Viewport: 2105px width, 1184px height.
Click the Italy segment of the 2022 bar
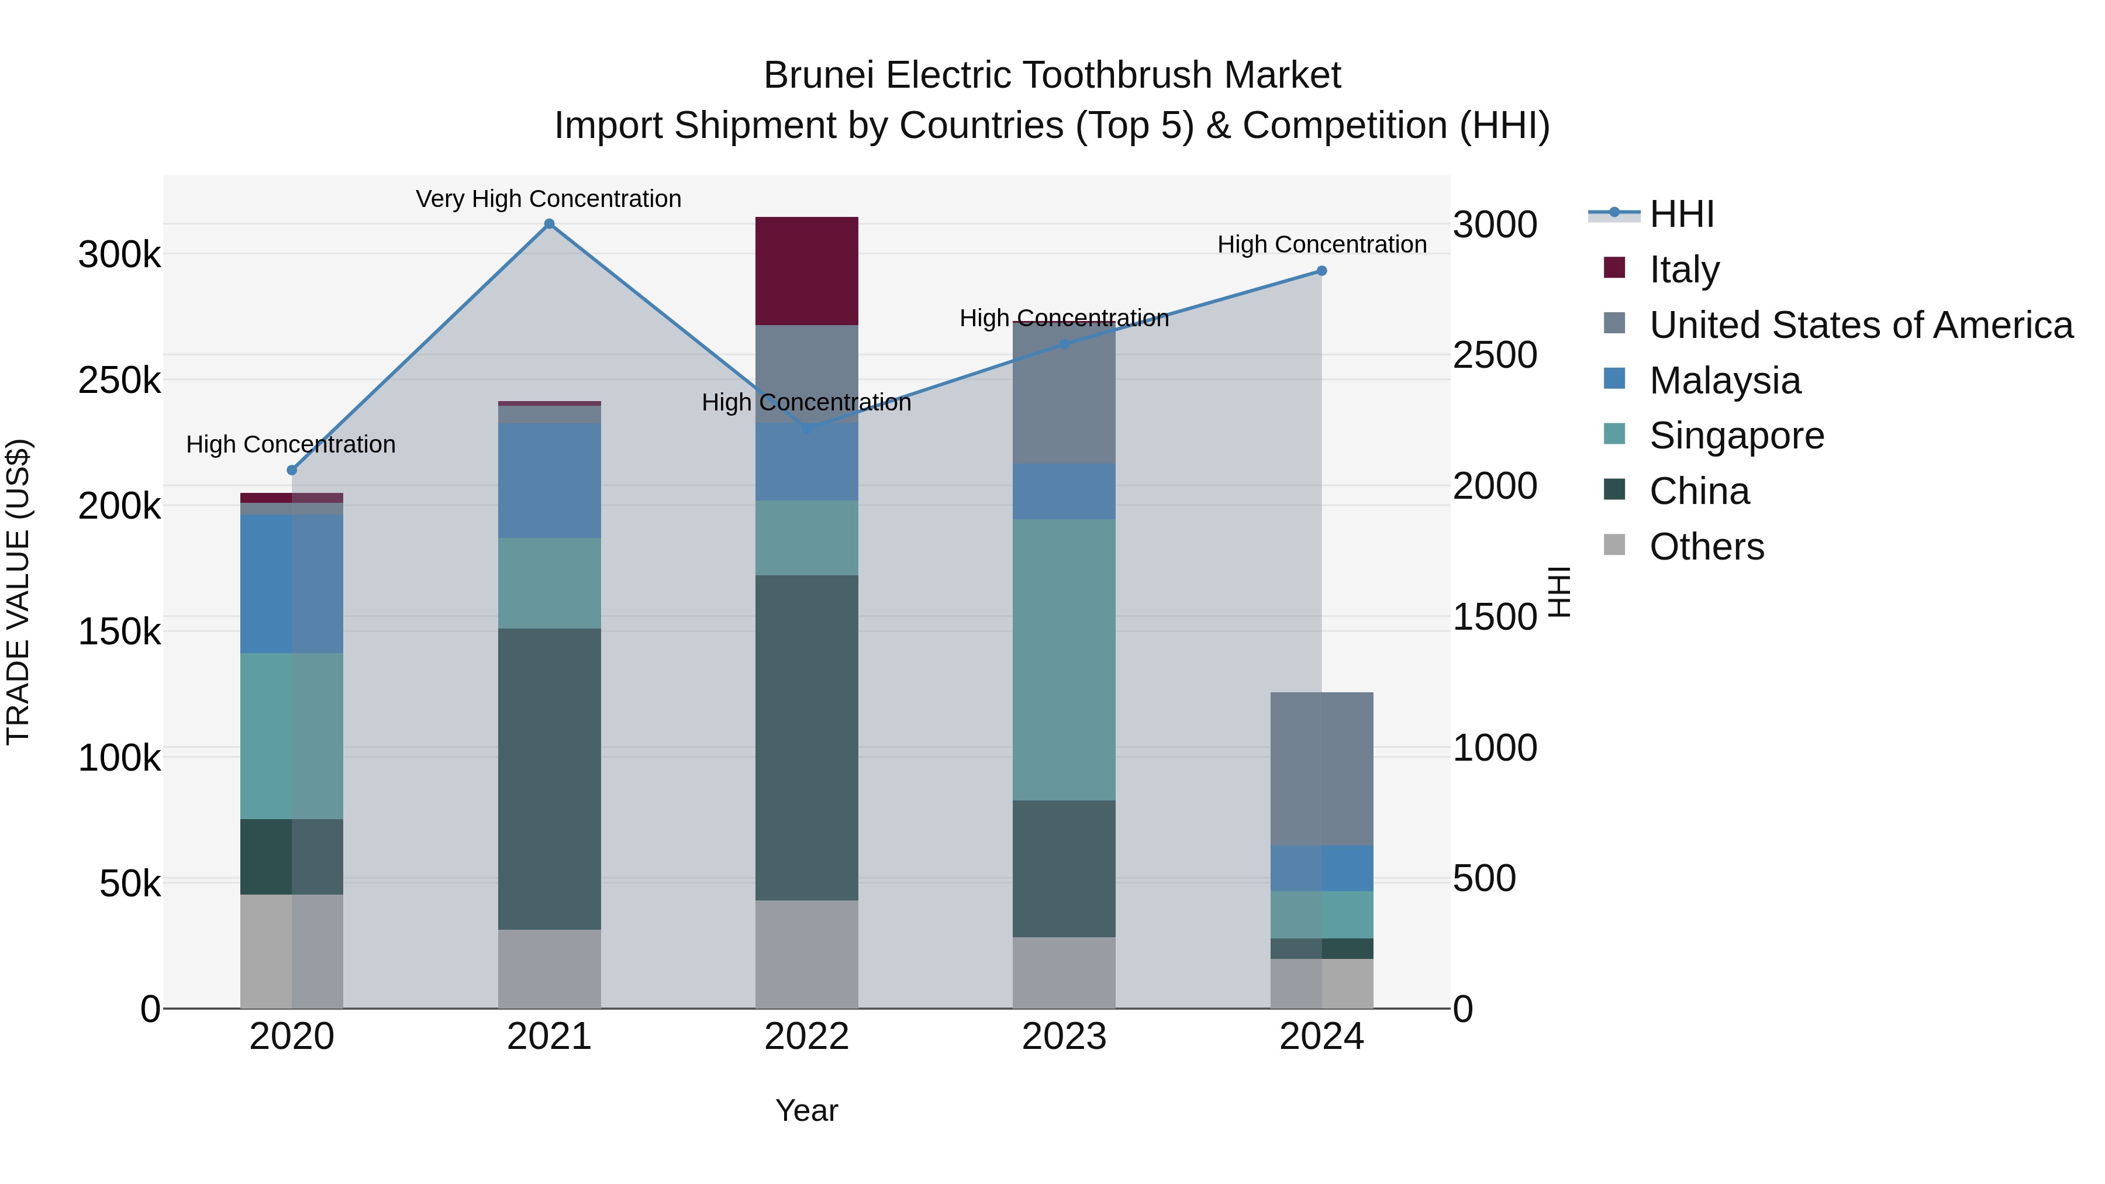point(806,271)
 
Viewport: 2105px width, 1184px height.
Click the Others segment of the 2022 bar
point(806,954)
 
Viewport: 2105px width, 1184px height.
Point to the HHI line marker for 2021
point(549,224)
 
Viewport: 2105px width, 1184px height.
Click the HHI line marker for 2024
point(1321,271)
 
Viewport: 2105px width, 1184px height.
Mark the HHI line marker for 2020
point(292,470)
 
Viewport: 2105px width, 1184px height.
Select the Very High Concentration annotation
point(548,199)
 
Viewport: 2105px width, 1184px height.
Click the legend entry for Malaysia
point(1724,381)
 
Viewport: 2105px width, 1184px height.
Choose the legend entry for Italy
point(1684,270)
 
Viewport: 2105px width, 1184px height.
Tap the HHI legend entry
point(1681,214)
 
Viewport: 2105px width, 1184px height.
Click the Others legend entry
point(1706,547)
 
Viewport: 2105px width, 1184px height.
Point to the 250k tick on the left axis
point(119,380)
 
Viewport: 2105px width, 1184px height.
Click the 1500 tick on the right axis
point(1495,617)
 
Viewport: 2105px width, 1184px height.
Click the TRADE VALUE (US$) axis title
point(18,592)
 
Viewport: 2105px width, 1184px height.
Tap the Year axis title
point(806,1110)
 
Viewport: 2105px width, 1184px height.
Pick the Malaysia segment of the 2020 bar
point(291,584)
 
